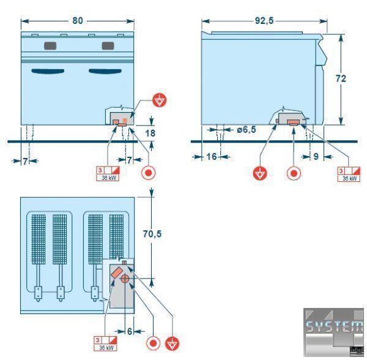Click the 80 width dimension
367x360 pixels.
click(77, 20)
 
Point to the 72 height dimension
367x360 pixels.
click(341, 78)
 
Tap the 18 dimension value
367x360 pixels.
click(149, 133)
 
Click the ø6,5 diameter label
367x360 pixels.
click(246, 130)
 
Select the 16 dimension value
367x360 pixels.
click(211, 157)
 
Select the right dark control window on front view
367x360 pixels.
click(108, 46)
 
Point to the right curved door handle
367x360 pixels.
click(106, 72)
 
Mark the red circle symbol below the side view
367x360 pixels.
click(294, 173)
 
